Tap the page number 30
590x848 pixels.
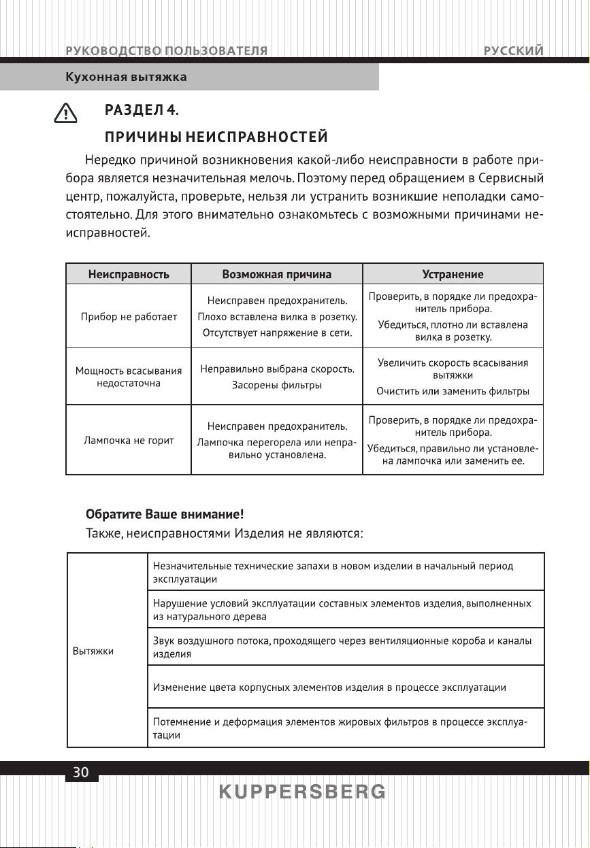pos(81,773)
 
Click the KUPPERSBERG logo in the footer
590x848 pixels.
pos(302,792)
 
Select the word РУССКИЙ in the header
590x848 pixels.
pos(514,51)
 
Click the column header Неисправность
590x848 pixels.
pos(129,274)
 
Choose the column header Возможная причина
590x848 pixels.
pos(277,274)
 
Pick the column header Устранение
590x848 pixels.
pos(453,274)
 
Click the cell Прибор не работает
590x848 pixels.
pos(129,317)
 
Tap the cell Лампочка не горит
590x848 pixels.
pos(129,441)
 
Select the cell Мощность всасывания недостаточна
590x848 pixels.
pos(129,377)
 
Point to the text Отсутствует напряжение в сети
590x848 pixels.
pos(277,333)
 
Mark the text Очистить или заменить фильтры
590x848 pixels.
pos(453,392)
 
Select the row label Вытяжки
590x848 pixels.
pos(93,651)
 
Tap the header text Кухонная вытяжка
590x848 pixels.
pos(126,77)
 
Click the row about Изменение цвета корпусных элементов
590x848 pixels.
pos(330,687)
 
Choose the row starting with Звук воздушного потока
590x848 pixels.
pos(342,647)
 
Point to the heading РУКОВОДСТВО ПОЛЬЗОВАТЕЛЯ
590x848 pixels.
pos(166,51)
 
